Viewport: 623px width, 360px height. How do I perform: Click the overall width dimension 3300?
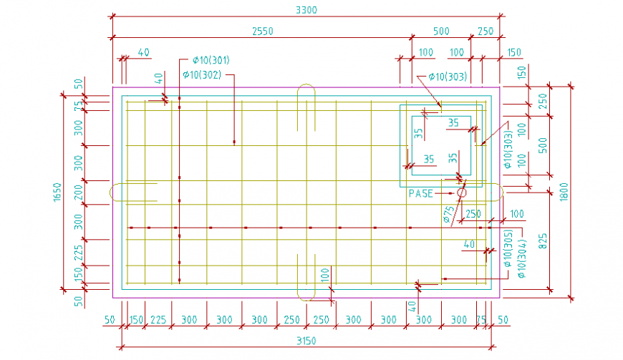pos(306,10)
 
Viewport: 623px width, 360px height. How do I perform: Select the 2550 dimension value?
pos(262,31)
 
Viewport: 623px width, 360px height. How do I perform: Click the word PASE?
pos(421,193)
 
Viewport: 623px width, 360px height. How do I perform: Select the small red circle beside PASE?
pos(461,193)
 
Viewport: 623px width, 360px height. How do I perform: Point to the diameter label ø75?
pos(448,214)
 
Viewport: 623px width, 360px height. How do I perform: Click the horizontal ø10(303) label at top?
pos(448,76)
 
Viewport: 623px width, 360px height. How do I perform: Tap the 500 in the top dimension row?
pos(441,31)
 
